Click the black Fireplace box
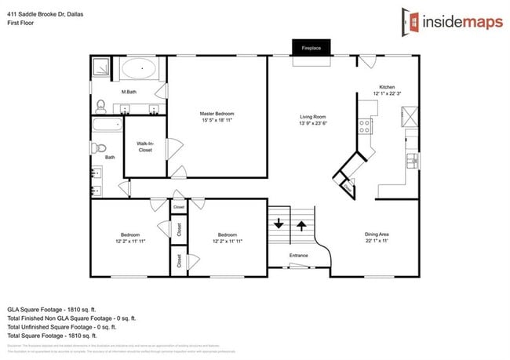click(x=311, y=48)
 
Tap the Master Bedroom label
click(x=216, y=114)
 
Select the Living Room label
click(x=312, y=115)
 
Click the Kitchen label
click(x=387, y=87)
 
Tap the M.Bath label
click(x=129, y=93)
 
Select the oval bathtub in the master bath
click(x=142, y=68)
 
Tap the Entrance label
click(x=298, y=256)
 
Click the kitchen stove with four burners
click(x=366, y=125)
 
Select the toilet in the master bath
click(x=100, y=104)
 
